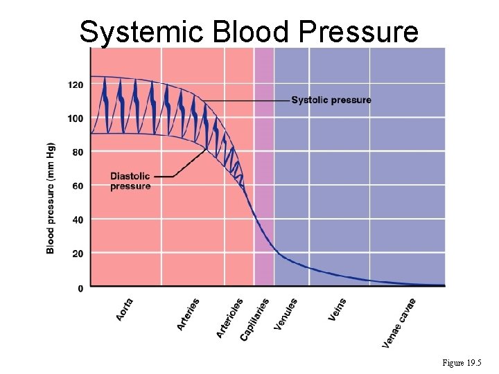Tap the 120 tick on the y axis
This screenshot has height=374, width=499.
click(x=76, y=84)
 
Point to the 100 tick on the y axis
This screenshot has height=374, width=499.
click(x=76, y=118)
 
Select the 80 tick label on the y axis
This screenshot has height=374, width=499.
click(x=78, y=152)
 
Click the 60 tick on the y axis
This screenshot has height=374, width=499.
click(x=78, y=186)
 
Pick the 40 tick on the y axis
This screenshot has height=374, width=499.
click(x=78, y=220)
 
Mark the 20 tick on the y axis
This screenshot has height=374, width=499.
click(x=78, y=253)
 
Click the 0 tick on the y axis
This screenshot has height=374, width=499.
click(x=80, y=287)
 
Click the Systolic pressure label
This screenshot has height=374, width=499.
click(x=331, y=100)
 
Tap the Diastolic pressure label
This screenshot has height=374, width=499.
click(x=130, y=181)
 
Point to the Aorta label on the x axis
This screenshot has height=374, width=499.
click(x=125, y=309)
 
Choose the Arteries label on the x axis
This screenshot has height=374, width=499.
click(x=189, y=313)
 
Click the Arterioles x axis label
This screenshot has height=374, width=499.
click(x=230, y=318)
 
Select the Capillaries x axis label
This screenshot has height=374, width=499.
click(x=254, y=319)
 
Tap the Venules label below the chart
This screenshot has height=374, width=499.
click(x=286, y=314)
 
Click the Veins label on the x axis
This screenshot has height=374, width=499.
click(x=337, y=309)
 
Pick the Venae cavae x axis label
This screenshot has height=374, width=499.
click(x=399, y=323)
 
